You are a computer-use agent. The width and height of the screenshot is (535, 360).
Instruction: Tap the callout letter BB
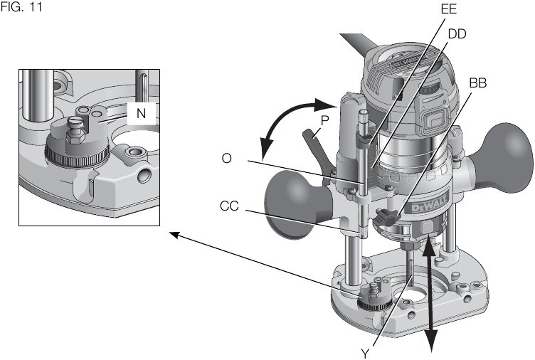(478, 83)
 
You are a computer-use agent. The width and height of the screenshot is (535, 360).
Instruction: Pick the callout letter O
(226, 159)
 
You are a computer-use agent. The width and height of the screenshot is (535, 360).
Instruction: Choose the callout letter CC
(229, 207)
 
